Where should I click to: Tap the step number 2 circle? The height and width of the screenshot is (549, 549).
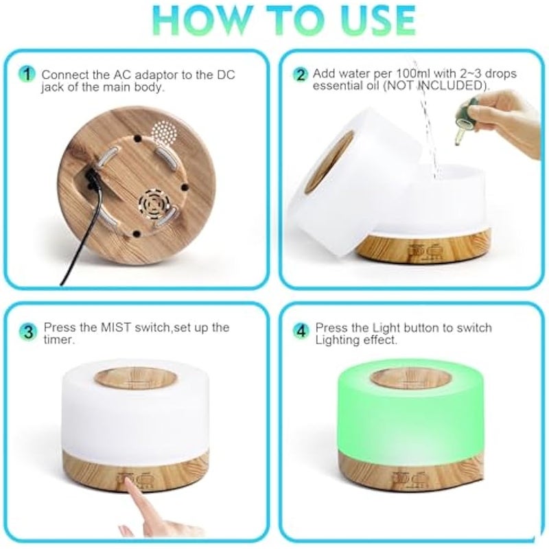(x=301, y=75)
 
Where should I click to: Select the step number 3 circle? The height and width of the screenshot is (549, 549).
(x=27, y=332)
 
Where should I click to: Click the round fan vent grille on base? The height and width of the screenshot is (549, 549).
(x=153, y=202)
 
